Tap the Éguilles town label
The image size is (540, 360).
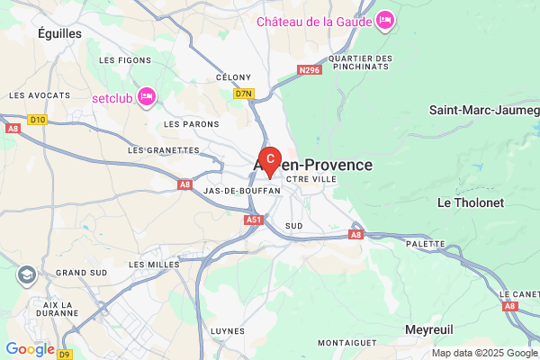pos(60,32)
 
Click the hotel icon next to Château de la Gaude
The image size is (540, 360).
pos(384,20)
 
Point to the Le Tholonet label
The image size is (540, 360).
pos(467,202)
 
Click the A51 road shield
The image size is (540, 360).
pos(253,218)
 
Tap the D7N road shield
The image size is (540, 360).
pos(244,93)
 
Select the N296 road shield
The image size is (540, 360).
pos(309,68)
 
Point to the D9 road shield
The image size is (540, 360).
pos(65,354)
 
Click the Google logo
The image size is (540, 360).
pos(30,349)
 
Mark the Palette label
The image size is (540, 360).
pos(427,244)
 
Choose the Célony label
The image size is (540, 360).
pos(232,77)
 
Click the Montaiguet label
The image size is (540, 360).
pos(346,343)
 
